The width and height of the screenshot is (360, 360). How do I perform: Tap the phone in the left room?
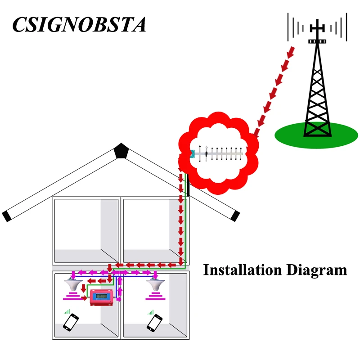coord(71,322)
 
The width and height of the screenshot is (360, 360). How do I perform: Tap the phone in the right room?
coord(154,322)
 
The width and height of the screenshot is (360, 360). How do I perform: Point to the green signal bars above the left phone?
coord(67,311)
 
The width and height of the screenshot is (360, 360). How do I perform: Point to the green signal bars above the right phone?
coord(150,311)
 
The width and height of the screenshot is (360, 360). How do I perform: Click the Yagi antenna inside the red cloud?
coord(217,154)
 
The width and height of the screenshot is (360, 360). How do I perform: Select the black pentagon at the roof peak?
coord(121,151)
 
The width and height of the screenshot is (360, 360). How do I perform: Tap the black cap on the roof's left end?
coord(7,216)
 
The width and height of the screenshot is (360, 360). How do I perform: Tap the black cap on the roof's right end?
coord(234,216)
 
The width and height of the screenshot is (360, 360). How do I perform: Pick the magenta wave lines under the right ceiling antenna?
coord(155,296)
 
